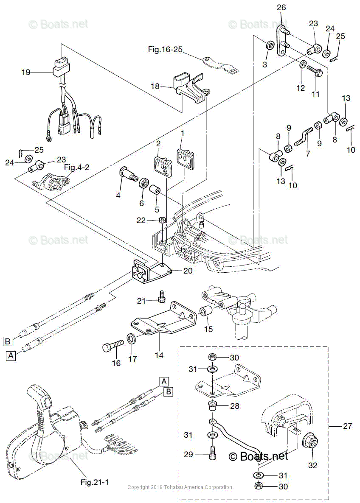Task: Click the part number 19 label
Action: [26, 73]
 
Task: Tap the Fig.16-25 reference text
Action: [165, 50]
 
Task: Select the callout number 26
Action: [281, 7]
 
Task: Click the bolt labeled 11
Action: [314, 70]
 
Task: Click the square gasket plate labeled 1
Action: [186, 157]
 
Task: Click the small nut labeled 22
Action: [162, 220]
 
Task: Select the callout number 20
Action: [187, 271]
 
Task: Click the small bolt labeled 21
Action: [161, 297]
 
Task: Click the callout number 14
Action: [159, 355]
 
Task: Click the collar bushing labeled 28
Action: [213, 406]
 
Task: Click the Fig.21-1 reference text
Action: [94, 482]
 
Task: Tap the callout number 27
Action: [347, 426]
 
